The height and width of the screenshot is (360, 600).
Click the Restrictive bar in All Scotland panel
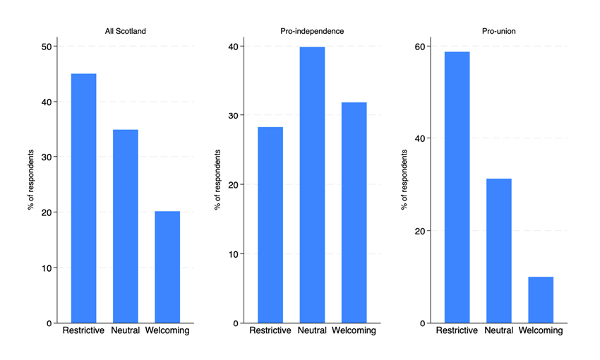click(83, 198)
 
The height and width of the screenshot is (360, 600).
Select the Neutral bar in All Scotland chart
click(126, 226)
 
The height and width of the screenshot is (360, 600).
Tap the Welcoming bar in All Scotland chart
click(167, 267)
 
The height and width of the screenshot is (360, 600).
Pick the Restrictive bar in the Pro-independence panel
click(270, 225)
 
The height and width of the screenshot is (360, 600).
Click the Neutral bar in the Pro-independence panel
click(312, 185)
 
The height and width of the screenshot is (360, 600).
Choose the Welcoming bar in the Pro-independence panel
click(354, 212)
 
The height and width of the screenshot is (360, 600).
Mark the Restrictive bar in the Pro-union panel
click(457, 188)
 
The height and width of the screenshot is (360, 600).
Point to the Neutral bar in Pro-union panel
click(499, 251)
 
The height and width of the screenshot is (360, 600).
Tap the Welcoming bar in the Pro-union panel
click(541, 300)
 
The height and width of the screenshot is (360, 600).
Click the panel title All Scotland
click(126, 31)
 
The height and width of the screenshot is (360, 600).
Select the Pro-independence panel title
click(312, 31)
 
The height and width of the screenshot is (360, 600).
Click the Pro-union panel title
click(499, 31)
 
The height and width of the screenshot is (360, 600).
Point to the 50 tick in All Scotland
click(47, 47)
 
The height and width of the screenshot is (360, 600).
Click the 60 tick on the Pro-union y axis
click(420, 47)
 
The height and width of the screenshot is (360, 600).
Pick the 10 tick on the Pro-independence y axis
click(234, 254)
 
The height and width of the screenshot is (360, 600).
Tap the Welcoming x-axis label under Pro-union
click(541, 330)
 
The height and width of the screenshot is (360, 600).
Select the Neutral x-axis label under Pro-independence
click(312, 330)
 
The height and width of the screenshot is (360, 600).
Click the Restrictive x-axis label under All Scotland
click(83, 330)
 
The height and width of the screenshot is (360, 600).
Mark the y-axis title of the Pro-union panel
click(404, 180)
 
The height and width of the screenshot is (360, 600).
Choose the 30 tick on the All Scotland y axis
click(47, 157)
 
